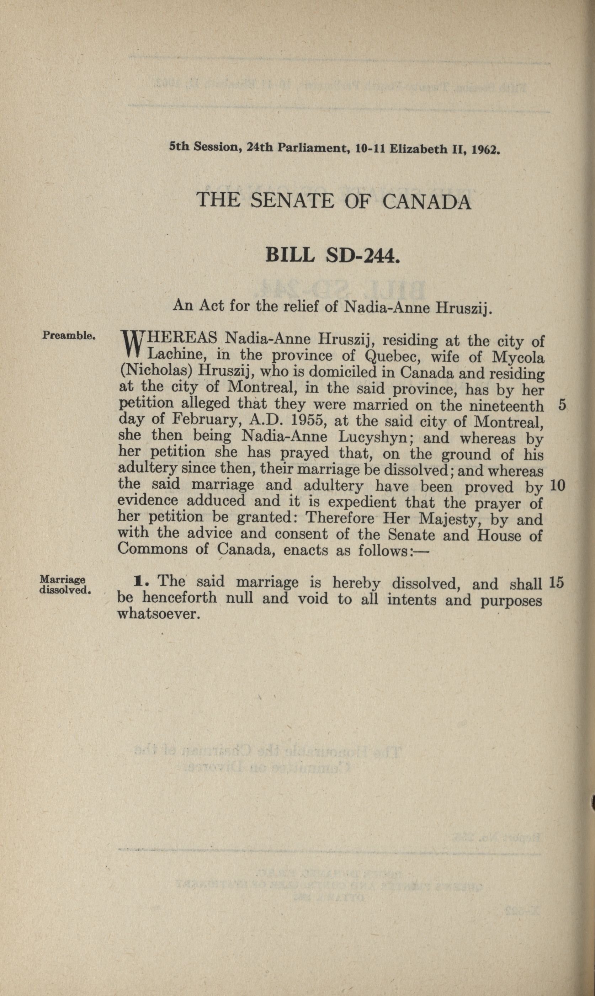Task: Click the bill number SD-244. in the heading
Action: point(363,255)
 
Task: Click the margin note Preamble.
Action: point(68,335)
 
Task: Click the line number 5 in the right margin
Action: point(562,405)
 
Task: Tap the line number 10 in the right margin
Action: point(557,486)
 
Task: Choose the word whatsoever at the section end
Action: point(158,614)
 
